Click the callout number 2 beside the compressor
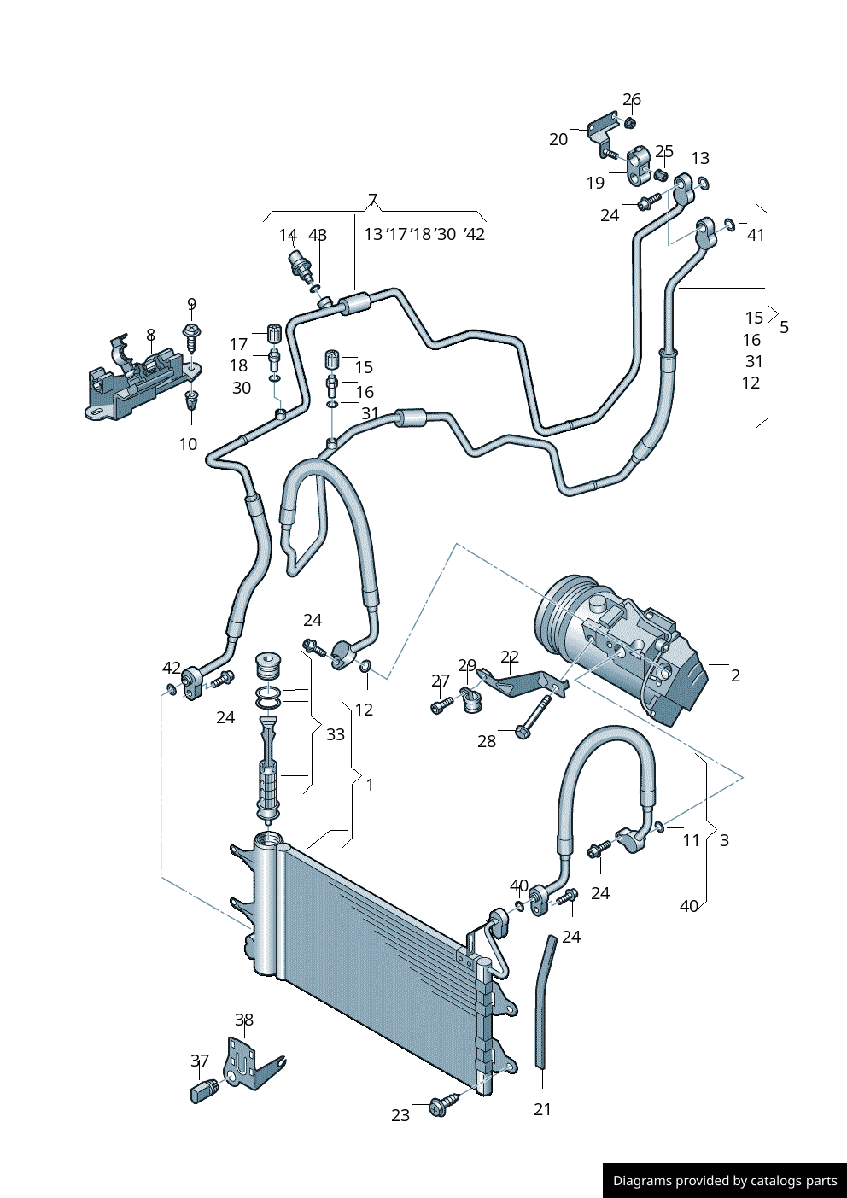(735, 675)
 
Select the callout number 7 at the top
(372, 201)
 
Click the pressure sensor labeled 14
(300, 264)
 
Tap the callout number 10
(188, 444)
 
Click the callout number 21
(543, 1109)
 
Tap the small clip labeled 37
(204, 1091)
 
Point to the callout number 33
(336, 734)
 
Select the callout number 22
(510, 657)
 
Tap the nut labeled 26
(630, 123)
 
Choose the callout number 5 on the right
(784, 327)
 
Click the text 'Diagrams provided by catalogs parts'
(724, 1181)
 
